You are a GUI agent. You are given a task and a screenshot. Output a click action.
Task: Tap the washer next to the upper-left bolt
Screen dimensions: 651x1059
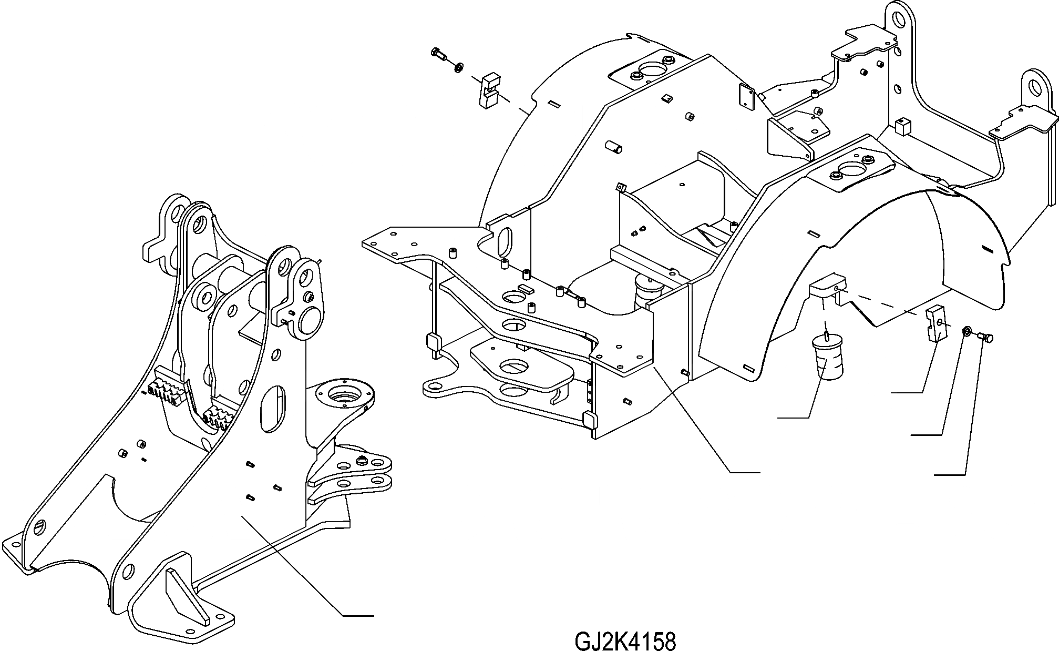pyautogui.click(x=458, y=66)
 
